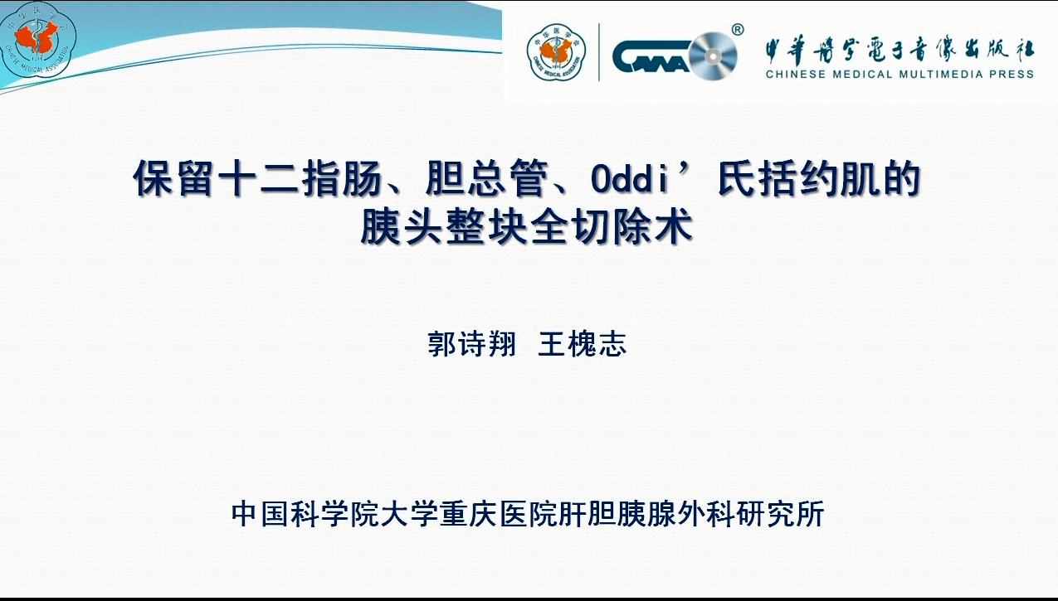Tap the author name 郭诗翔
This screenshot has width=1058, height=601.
pos(470,344)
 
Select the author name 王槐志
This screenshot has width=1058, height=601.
pos(582,344)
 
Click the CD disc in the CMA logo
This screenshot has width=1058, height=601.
pos(713,56)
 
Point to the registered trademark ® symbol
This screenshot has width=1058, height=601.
pos(738,30)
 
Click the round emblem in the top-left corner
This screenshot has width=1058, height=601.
pos(38,39)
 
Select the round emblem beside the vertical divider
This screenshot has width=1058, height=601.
pos(556,52)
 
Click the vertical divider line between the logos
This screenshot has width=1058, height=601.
pos(599,52)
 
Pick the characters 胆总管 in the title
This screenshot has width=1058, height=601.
pos(486,179)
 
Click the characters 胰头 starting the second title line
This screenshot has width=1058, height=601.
pos(402,227)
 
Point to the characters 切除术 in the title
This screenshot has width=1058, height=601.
pos(631,227)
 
